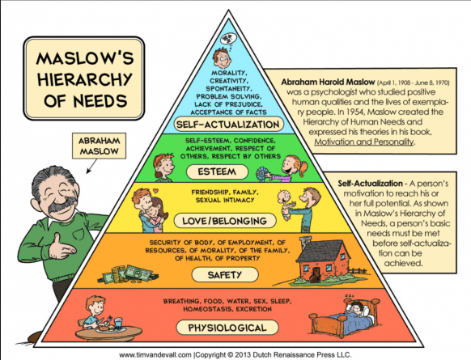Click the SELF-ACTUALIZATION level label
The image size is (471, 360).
tap(228, 125)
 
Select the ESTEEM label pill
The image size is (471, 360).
tap(217, 172)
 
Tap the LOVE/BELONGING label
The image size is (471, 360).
tap(225, 221)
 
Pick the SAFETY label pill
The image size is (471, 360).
tap(225, 275)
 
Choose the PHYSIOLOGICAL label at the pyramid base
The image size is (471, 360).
tap(227, 328)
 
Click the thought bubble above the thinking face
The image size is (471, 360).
tap(228, 39)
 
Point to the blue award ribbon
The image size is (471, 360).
tap(261, 174)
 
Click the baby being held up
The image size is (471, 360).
tap(285, 204)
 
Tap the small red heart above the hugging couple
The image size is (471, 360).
tap(155, 190)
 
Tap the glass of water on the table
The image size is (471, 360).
tap(118, 323)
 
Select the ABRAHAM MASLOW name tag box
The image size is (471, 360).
tap(99, 146)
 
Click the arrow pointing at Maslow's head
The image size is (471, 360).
tap(91, 167)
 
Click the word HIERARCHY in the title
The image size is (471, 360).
tap(85, 79)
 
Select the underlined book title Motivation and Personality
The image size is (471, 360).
tap(363, 142)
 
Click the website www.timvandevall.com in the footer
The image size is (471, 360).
tap(155, 355)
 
